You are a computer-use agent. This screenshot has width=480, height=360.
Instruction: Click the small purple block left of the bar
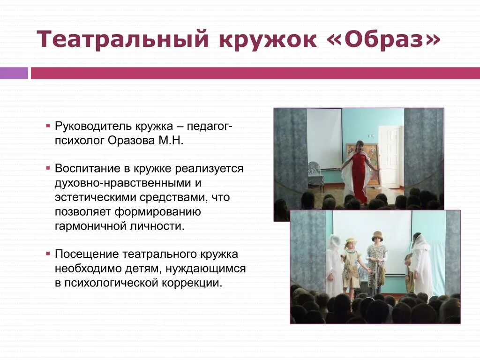[x=14, y=73]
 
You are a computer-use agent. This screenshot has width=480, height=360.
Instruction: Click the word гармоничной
[x=90, y=225]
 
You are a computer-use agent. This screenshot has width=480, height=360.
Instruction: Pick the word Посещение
[x=87, y=255]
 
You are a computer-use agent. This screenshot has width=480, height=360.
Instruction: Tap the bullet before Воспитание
[x=48, y=168]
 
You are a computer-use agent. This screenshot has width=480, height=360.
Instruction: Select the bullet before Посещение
[x=48, y=254]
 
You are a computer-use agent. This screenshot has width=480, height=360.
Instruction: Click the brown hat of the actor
[x=377, y=236]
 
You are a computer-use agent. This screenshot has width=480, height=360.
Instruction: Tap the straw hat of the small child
[x=350, y=241]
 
